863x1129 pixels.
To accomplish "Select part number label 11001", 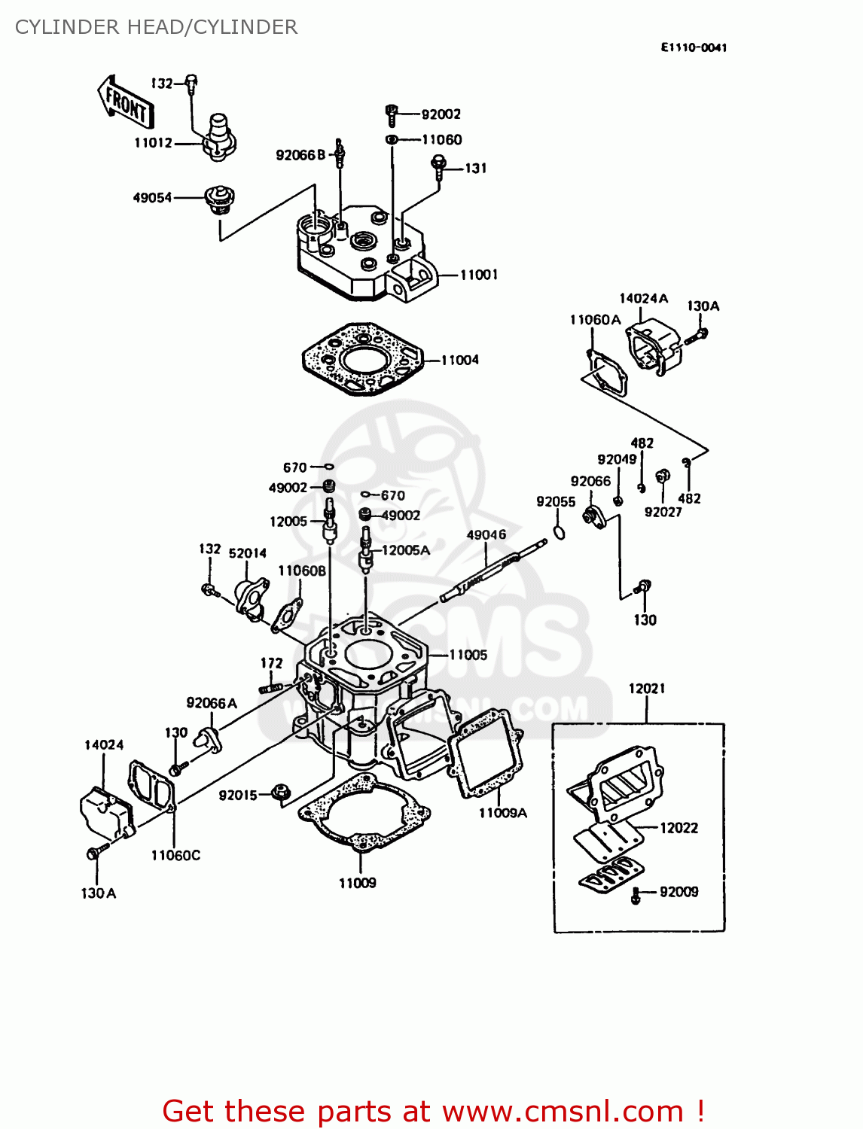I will coord(479,275).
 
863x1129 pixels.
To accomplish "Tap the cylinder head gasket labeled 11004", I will coord(362,359).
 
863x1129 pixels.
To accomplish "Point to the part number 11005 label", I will coord(468,655).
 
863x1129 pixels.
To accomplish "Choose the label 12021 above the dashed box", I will coord(647,688).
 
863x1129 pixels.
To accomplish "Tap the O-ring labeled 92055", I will coord(558,533).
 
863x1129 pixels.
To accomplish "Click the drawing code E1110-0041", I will coord(694,47).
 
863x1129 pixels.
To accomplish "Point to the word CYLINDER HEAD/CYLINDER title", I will coord(156,27).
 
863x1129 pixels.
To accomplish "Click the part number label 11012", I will coord(153,142).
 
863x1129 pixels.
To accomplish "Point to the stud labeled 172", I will coord(270,687).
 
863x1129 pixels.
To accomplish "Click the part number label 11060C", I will coord(175,855).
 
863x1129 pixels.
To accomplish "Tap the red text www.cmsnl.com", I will coord(562,1111).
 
